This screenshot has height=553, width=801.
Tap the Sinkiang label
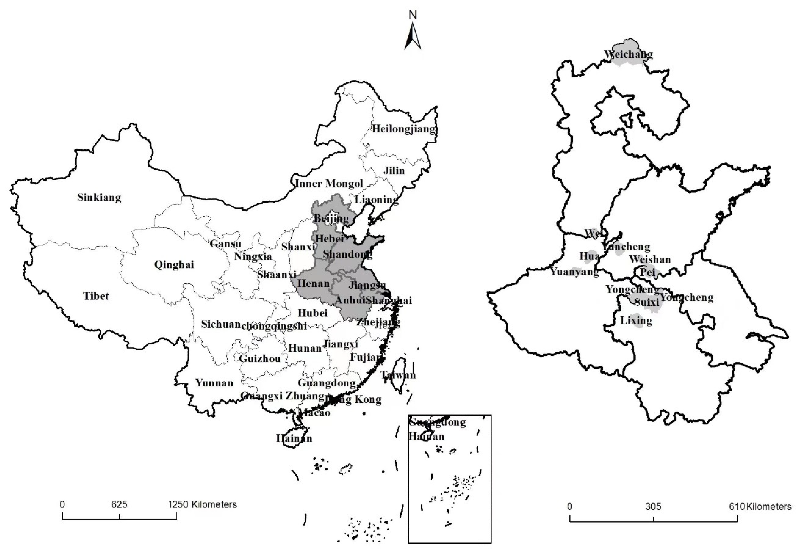click(x=99, y=197)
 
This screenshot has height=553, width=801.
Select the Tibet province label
click(x=96, y=296)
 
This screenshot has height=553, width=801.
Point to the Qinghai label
click(x=174, y=265)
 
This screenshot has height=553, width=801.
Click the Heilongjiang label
click(x=404, y=129)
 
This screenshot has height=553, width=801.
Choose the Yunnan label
click(x=214, y=383)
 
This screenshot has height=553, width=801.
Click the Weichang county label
click(x=628, y=54)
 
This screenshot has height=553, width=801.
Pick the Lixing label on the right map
click(x=636, y=320)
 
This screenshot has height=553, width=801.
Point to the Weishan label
click(x=650, y=259)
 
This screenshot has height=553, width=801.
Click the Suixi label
click(x=647, y=302)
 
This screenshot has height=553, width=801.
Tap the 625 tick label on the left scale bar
click(x=119, y=504)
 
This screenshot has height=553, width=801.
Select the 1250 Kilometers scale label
click(x=202, y=504)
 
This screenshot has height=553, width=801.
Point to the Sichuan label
click(x=221, y=324)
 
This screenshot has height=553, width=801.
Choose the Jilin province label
click(x=394, y=171)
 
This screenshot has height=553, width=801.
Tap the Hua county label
click(x=589, y=256)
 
